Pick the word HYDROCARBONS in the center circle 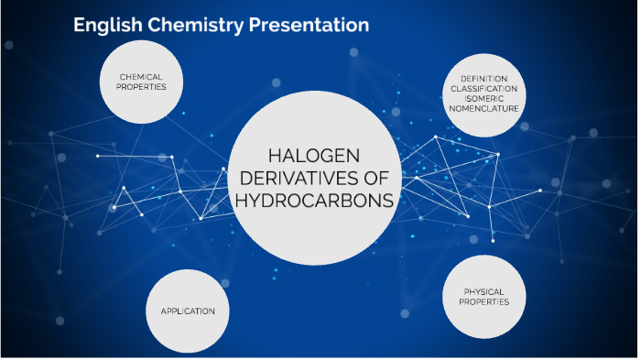[314, 200]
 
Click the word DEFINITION [484, 78]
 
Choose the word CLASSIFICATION [484, 88]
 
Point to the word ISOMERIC [484, 98]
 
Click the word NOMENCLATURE [484, 108]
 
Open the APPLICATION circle [188, 311]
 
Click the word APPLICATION [188, 311]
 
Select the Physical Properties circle [483, 296]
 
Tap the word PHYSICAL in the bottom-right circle [483, 291]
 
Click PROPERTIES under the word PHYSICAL [483, 301]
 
